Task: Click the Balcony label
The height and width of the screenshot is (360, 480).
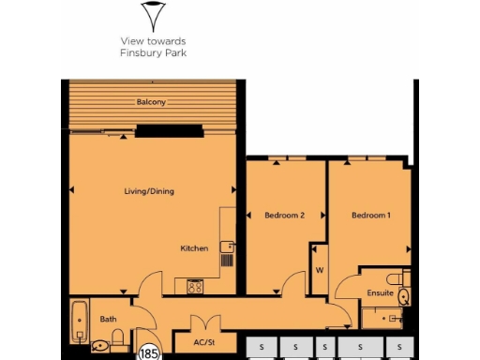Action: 150,101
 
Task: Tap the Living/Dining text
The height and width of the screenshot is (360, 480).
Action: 149,191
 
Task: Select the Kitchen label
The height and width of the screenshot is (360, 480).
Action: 194,248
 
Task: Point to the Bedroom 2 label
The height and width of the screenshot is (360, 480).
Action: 284,216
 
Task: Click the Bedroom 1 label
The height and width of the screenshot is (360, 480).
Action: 370,216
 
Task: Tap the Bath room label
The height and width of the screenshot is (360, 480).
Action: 108,319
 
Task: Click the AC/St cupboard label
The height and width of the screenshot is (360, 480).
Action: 204,343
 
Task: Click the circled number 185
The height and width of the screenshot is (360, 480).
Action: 148,353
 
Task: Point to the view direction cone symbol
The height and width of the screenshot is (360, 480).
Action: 152,16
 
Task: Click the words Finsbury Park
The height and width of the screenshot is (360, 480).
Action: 153,52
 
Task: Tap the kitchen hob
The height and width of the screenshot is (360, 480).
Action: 196,286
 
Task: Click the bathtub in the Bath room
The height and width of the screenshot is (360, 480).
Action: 77,321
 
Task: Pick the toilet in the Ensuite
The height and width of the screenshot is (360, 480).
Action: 403,295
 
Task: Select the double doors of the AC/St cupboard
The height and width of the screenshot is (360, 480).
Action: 204,323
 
